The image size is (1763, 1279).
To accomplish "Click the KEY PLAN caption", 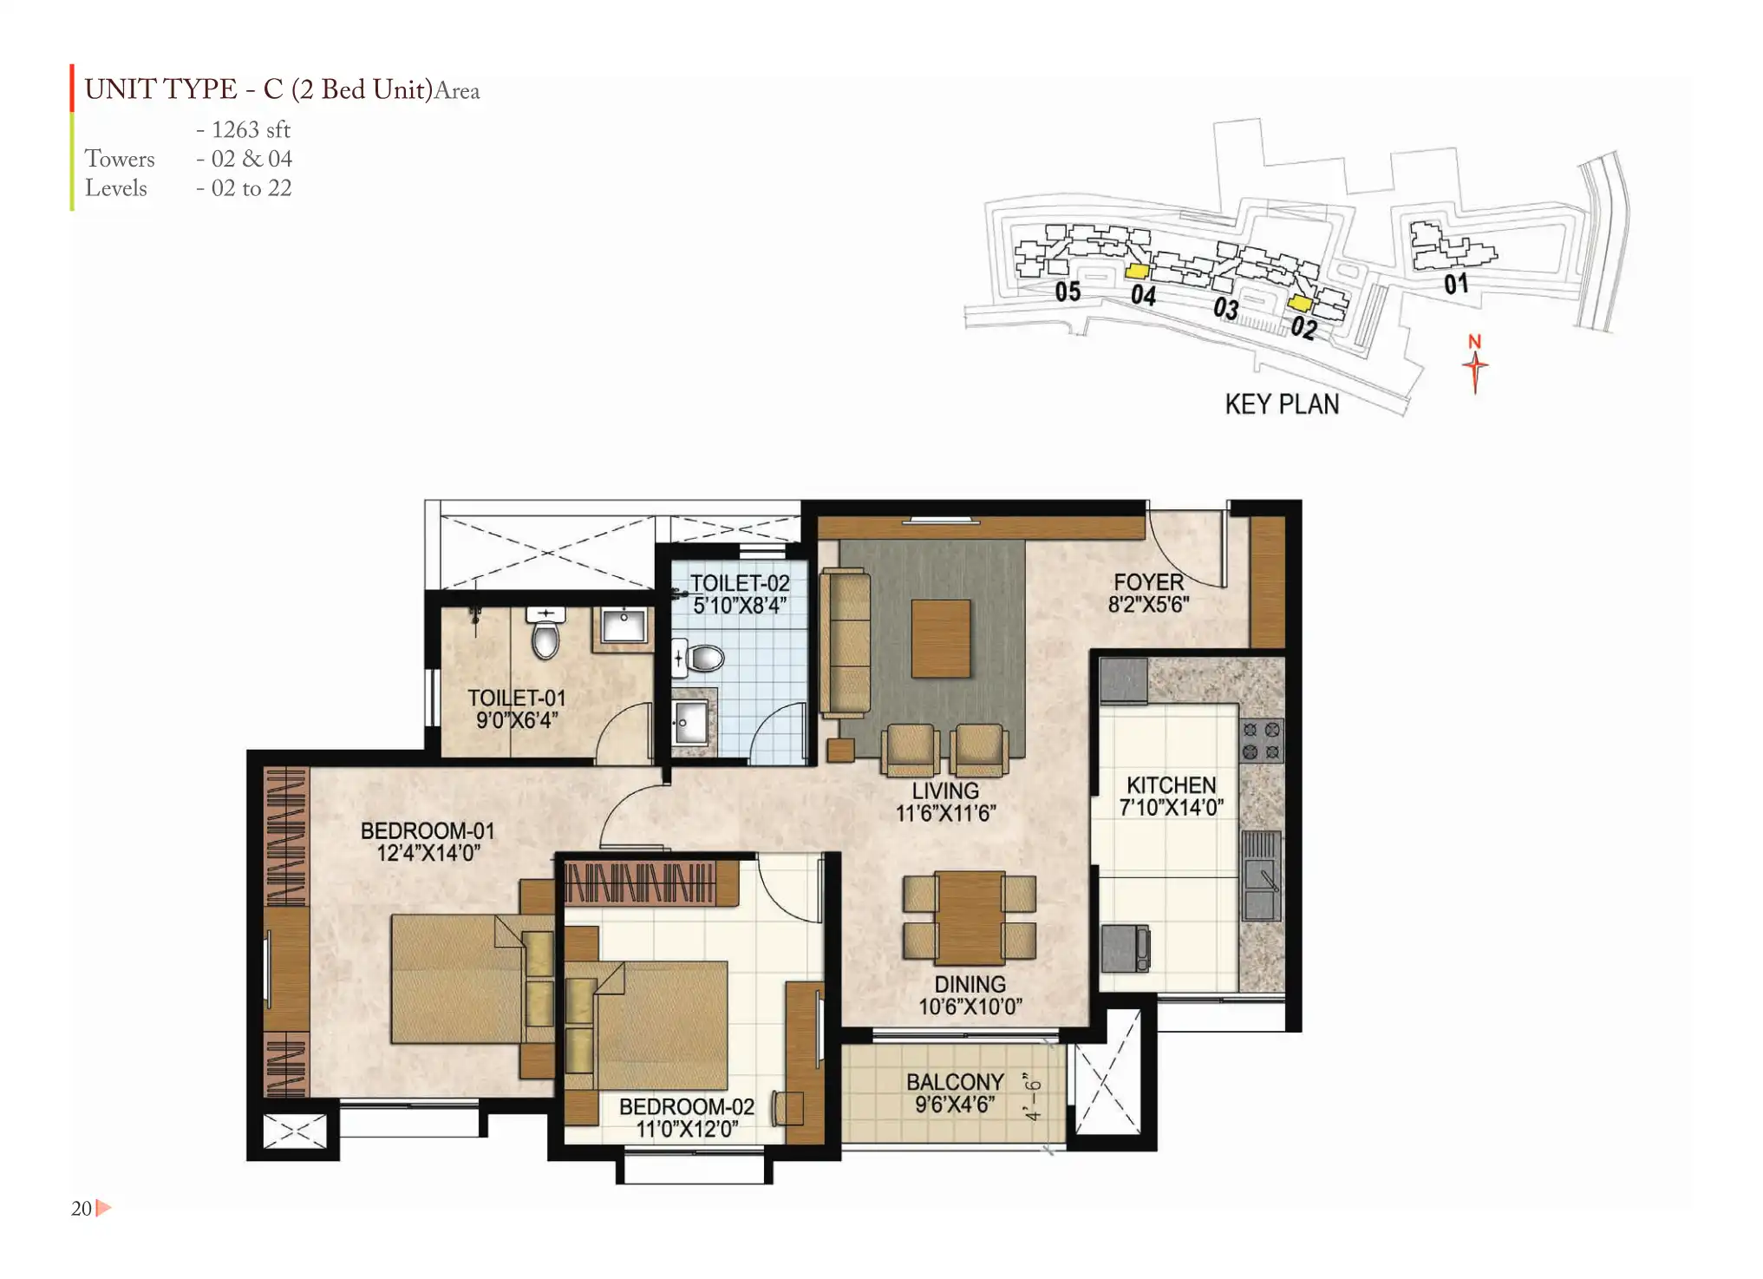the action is point(1282,404).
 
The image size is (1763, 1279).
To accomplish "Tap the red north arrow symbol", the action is point(1475,364).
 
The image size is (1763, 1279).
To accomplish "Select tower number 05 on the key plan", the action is point(1068,292).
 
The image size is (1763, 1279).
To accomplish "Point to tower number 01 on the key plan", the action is point(1456,284).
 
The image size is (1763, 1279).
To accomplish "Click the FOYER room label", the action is point(1148,582).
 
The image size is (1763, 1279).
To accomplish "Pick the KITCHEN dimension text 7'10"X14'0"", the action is point(1171,808).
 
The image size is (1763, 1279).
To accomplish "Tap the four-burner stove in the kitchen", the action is point(1261,740).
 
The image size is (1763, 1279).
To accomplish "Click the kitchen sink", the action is point(1261,876).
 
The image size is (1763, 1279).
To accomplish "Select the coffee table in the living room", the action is point(940,639).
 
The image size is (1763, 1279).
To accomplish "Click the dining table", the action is point(970,918).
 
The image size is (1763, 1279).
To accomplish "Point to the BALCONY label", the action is point(955,1082).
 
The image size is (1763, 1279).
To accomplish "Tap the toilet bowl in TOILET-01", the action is point(545,633).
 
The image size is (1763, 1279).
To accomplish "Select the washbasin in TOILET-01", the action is point(624,626).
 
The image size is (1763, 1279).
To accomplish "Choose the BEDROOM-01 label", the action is point(428,830).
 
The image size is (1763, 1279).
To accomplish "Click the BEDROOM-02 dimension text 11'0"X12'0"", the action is point(687,1129).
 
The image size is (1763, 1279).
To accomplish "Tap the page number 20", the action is point(82,1209).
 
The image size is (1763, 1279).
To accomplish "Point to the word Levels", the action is point(115,188).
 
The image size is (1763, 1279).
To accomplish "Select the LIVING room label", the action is point(945,791).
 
